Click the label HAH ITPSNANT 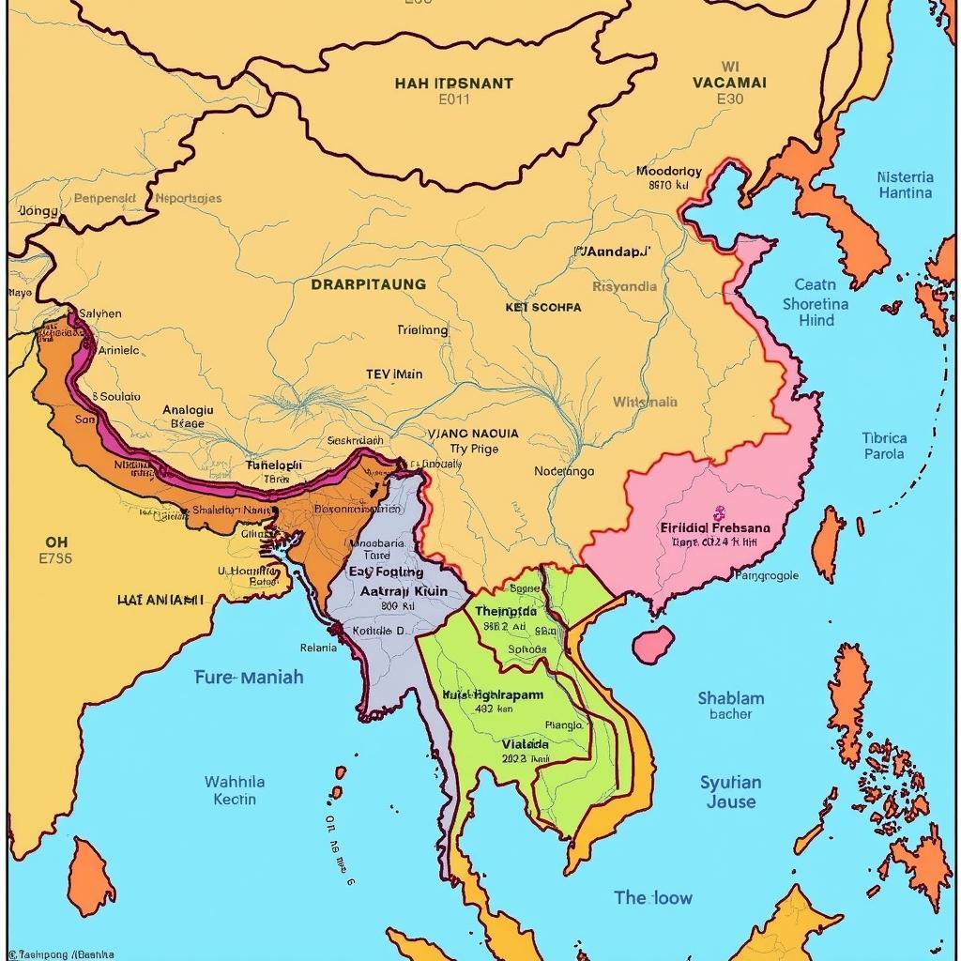click(x=453, y=83)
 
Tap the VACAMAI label click(x=729, y=83)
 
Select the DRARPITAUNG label click(x=368, y=283)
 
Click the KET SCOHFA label click(x=542, y=307)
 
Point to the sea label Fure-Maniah click(x=249, y=677)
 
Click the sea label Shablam click(x=731, y=698)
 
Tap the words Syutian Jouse click(x=730, y=791)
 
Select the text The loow click(x=653, y=897)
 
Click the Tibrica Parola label click(x=884, y=446)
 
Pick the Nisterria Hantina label click(x=905, y=185)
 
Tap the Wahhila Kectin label click(x=235, y=790)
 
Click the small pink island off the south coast click(x=653, y=644)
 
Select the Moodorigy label click(x=668, y=172)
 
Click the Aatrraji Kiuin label click(x=404, y=592)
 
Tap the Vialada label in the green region click(x=525, y=743)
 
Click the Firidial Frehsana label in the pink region click(x=715, y=527)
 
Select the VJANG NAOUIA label click(x=472, y=434)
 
